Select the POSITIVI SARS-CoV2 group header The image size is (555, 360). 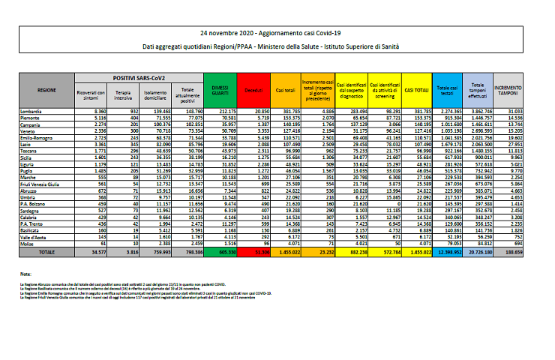[139, 77]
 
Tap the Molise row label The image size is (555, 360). [46, 244]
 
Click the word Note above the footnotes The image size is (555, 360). [26, 274]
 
